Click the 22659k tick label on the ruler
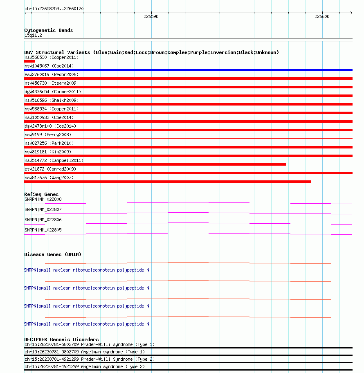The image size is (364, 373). pyautogui.click(x=151, y=16)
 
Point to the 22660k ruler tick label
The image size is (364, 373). pyautogui.click(x=321, y=16)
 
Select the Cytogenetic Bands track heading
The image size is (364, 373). pyautogui.click(x=48, y=30)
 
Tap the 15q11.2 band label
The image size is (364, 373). pyautogui.click(x=33, y=35)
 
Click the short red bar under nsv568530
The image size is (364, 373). pyautogui.click(x=29, y=61)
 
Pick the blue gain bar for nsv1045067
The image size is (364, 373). pyautogui.click(x=188, y=70)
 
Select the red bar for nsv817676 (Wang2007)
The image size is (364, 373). pyautogui.click(x=168, y=182)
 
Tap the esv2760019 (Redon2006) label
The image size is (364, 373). pyautogui.click(x=51, y=74)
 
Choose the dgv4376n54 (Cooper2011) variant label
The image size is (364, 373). pyautogui.click(x=52, y=92)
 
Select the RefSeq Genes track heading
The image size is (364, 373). pyautogui.click(x=41, y=194)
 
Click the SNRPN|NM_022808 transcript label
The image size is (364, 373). pyautogui.click(x=43, y=199)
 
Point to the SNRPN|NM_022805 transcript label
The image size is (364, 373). pyautogui.click(x=43, y=230)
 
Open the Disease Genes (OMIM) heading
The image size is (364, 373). pyautogui.click(x=52, y=254)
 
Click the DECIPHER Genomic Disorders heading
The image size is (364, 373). pyautogui.click(x=61, y=339)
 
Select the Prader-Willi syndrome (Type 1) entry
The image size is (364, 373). pyautogui.click(x=90, y=344)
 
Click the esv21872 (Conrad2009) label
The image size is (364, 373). pyautogui.click(x=50, y=169)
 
